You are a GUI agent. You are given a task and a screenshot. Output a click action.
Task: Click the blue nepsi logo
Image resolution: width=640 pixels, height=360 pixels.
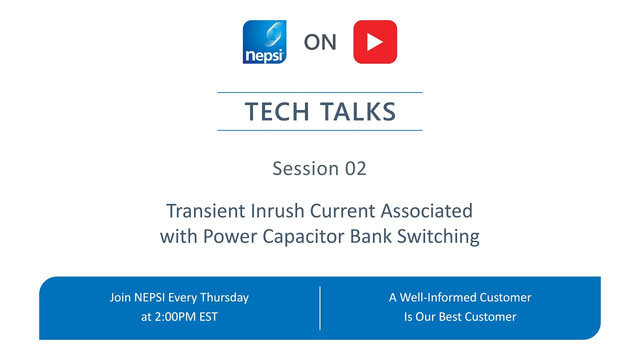coord(264,42)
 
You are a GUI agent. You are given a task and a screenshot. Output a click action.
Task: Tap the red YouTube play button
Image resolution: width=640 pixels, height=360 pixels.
coord(375,42)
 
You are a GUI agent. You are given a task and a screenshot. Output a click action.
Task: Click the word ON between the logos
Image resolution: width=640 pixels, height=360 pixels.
coord(320,43)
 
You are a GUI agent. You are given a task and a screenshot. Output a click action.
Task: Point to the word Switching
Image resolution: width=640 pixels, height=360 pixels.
coord(438,236)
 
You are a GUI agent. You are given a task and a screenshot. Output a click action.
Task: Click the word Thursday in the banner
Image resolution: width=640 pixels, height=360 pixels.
coord(224,297)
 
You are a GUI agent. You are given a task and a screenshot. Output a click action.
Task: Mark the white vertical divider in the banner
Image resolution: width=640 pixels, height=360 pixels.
coord(320,308)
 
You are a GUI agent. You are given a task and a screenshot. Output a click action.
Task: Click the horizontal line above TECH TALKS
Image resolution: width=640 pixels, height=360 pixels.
coord(320,92)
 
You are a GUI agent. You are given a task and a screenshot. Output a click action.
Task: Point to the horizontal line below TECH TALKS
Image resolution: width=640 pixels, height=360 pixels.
coord(320,130)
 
